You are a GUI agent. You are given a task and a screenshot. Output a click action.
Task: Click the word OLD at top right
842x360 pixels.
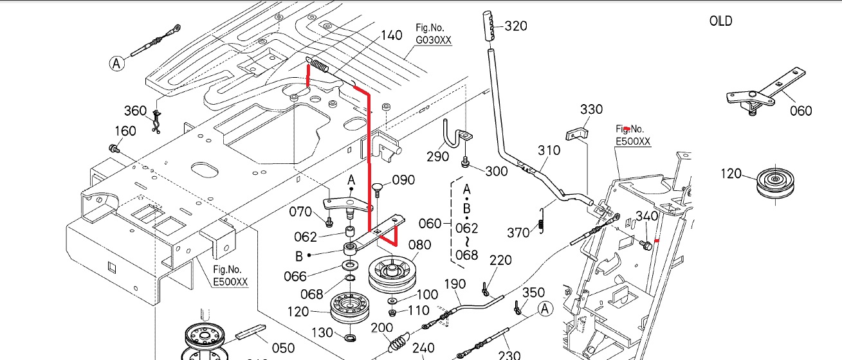click(x=720, y=21)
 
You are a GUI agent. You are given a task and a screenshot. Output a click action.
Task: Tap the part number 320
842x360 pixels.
click(x=516, y=26)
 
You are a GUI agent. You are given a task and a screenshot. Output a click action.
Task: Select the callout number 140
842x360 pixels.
click(x=392, y=35)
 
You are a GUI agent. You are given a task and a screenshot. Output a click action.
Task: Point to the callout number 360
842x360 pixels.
click(x=135, y=111)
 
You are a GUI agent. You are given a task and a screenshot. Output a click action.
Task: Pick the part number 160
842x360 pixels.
click(x=125, y=131)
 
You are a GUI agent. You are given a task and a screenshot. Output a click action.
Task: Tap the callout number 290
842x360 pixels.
click(x=438, y=156)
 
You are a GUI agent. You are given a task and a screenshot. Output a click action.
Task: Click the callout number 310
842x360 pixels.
click(x=549, y=150)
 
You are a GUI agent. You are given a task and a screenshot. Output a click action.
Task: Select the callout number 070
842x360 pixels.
click(x=300, y=212)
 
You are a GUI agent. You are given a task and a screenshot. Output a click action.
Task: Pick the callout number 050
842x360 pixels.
click(x=283, y=348)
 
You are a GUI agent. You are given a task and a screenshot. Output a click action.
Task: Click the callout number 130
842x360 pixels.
click(x=322, y=332)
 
